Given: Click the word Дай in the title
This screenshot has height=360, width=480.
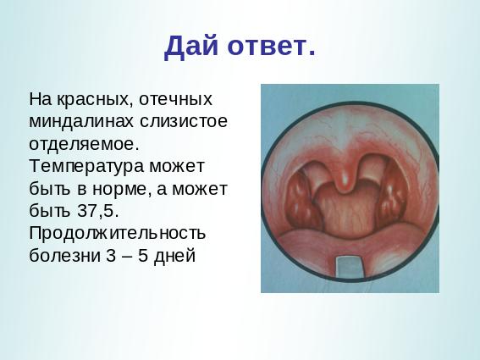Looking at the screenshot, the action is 191,47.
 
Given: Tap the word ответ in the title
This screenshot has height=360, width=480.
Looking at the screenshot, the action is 267,47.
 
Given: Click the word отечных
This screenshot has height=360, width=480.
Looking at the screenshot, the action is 175,100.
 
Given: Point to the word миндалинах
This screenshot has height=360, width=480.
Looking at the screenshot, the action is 81,122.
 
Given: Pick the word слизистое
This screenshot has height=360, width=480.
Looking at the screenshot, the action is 184,121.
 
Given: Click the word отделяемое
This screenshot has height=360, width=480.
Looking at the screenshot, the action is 82,144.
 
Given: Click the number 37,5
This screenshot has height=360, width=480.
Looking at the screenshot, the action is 97,211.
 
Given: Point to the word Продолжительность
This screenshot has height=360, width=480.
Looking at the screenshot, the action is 117,234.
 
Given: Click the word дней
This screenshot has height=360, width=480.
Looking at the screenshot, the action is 174,256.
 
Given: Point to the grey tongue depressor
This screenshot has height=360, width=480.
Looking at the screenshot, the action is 350,267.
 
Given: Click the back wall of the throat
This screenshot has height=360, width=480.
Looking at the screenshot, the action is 346,212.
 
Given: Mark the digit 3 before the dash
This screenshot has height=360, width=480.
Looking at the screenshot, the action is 111,256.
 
